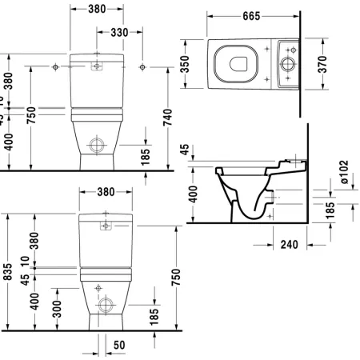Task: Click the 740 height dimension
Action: pyautogui.click(x=166, y=118)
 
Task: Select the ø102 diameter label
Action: pyautogui.click(x=343, y=172)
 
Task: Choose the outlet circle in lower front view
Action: pyautogui.click(x=106, y=304)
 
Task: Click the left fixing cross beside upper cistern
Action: pyautogui.click(x=54, y=64)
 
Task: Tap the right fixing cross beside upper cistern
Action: pyautogui.click(x=141, y=64)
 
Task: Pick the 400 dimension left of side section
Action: pyautogui.click(x=193, y=194)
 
